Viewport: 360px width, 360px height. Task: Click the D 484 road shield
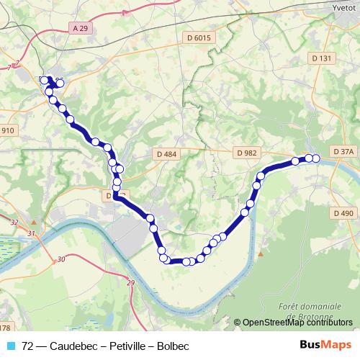[x=166, y=153]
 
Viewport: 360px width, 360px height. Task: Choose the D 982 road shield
[x=246, y=153]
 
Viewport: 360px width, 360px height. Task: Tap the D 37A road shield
[x=343, y=152]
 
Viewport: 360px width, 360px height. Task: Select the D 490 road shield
[x=343, y=213]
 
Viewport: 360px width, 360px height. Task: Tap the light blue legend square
[x=11, y=346]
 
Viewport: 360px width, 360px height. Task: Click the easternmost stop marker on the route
[x=315, y=158]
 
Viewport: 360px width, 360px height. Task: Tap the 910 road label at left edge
[x=7, y=130]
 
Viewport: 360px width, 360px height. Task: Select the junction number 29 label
[x=130, y=284]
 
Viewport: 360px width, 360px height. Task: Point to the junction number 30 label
[x=60, y=259]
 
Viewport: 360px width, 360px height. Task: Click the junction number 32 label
[x=14, y=223]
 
